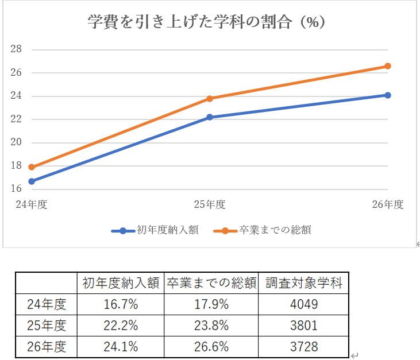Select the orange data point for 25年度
click(210, 99)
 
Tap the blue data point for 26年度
click(388, 95)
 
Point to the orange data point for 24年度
click(32, 168)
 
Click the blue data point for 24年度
click(32, 181)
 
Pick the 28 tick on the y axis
click(16, 49)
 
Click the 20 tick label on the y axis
click(16, 142)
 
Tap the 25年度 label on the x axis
click(209, 204)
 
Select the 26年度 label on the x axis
click(387, 204)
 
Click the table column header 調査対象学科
click(303, 283)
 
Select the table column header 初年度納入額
click(121, 283)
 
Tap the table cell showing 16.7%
click(121, 304)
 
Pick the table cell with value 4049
click(303, 304)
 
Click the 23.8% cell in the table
click(211, 326)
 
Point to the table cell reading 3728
click(303, 347)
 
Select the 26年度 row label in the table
click(47, 347)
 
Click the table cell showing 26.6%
click(211, 347)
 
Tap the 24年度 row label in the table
click(47, 304)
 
